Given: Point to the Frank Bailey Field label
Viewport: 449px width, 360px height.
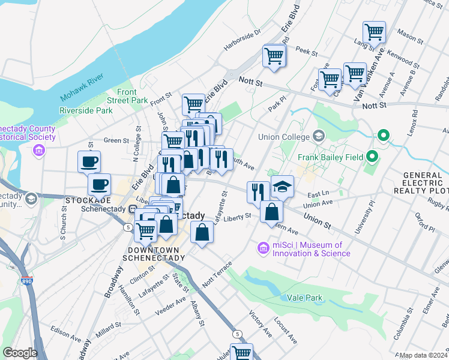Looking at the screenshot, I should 331,158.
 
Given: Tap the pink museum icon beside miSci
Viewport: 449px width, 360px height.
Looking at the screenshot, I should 262,247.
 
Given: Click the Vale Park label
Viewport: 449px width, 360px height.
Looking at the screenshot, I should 305,298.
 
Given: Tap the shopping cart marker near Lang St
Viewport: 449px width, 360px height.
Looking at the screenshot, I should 374,31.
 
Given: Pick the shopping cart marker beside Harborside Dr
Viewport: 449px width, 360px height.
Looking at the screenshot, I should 274,56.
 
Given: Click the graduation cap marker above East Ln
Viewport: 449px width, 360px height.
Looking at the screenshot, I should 282,187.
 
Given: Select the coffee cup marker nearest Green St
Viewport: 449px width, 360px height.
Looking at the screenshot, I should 89,161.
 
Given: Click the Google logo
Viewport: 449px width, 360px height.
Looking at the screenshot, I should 20,353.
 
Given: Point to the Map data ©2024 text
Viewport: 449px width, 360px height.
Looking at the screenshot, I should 424,355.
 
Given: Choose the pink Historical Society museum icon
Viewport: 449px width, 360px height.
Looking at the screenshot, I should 39,149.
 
